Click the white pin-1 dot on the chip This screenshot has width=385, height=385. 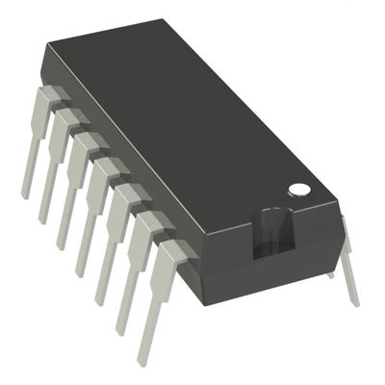coord(300,189)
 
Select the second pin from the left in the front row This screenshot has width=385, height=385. coord(56,164)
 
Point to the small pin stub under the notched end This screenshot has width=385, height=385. coord(331,274)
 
